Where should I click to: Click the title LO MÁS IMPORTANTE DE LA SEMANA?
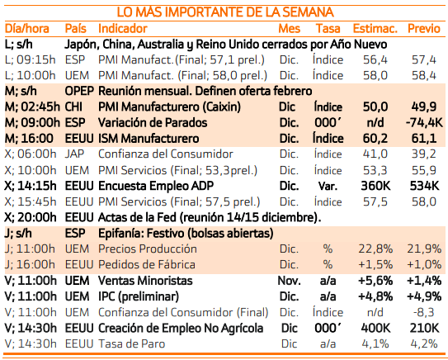225,12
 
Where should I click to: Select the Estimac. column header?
375,29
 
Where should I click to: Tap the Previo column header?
424,29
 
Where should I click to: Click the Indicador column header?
123,29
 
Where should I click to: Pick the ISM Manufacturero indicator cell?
149,139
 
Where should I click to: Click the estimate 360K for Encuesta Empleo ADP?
375,186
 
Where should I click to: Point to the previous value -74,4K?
424,123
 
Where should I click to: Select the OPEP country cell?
79,91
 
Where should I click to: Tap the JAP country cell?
74,154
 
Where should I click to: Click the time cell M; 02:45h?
32,107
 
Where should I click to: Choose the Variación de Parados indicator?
153,123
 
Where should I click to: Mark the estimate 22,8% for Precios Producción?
375,249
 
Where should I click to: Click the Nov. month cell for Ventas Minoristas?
289,281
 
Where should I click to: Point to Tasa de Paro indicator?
132,343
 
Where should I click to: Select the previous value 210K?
424,328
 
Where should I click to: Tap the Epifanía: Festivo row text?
186,234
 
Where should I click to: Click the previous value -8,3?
424,312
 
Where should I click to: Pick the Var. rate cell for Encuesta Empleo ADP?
328,186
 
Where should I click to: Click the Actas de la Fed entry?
210,218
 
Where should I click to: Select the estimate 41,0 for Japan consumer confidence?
375,154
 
